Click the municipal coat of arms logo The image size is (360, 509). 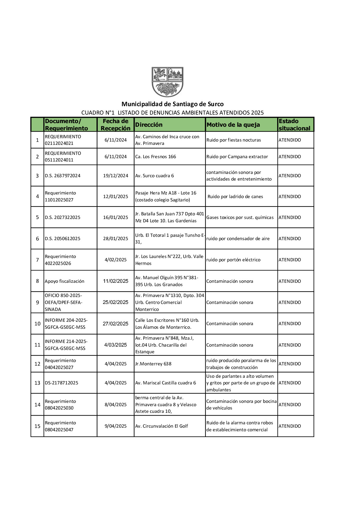click(167, 82)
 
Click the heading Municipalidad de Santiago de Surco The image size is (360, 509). click(172, 104)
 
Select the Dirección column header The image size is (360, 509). click(149, 125)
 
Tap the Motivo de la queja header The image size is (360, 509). click(233, 125)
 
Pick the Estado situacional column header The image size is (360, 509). click(294, 125)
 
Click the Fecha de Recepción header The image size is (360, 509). click(116, 125)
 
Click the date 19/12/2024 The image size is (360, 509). click(116, 176)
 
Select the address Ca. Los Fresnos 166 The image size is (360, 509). click(155, 157)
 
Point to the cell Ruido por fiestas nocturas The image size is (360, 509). click(234, 140)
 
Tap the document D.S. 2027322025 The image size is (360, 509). click(63, 217)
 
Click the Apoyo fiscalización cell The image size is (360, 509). click(64, 281)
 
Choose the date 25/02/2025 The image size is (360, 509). click(116, 302)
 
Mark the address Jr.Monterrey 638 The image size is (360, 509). click(153, 364)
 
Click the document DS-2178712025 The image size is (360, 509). click(61, 383)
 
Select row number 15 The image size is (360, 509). click(38, 426)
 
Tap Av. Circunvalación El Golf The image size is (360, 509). click(162, 426)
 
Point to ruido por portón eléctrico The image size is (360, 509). click(233, 260)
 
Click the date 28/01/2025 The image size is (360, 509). click(116, 239)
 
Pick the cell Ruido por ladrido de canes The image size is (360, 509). click(235, 197)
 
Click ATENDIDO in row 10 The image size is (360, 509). click(290, 324)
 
